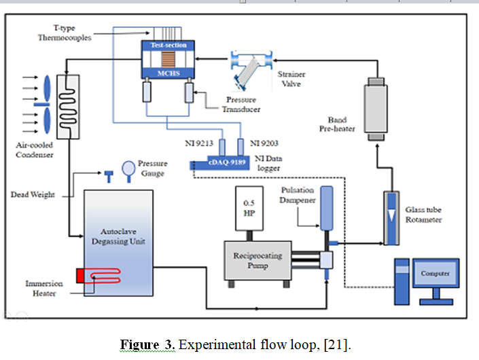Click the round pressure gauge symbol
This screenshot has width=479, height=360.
[128, 167]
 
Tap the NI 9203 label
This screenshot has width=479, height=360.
[265, 143]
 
